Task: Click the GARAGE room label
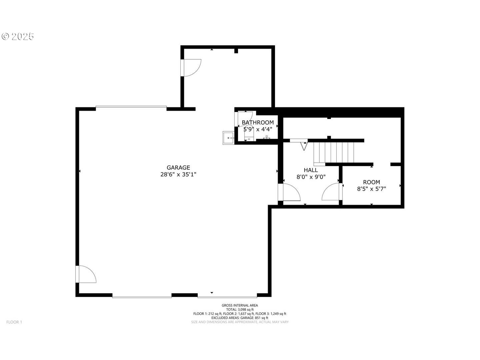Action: [178, 167]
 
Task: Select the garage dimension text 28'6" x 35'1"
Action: [178, 174]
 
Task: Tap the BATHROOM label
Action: [258, 122]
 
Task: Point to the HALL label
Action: [311, 170]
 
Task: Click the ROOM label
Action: [372, 182]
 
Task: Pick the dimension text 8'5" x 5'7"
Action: [372, 189]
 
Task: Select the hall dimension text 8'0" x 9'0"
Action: [311, 177]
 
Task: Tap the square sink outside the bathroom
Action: [228, 138]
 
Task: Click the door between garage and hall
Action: [289, 192]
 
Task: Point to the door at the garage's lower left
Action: [86, 274]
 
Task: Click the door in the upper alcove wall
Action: [191, 68]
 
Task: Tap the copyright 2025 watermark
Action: [18, 37]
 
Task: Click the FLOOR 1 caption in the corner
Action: [14, 322]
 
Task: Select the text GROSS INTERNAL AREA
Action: [240, 305]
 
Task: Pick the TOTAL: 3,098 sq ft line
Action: [240, 310]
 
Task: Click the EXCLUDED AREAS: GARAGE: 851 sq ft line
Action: [240, 318]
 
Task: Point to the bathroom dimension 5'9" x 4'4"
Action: [258, 129]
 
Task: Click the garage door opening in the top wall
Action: [131, 107]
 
